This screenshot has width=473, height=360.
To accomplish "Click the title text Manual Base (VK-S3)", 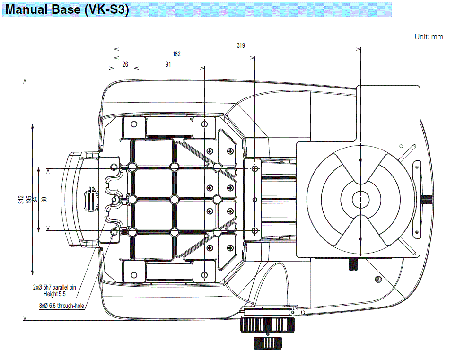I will [x=67, y=9].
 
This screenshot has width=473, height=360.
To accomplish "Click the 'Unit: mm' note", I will [x=429, y=37].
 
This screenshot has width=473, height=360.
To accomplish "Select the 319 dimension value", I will [x=241, y=45].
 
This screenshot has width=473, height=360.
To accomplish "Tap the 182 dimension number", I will [x=176, y=54].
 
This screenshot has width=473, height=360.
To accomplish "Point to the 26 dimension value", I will [x=124, y=65].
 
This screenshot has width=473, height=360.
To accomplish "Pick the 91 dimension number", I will [x=168, y=65].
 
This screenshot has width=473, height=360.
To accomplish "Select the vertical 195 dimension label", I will [x=29, y=200].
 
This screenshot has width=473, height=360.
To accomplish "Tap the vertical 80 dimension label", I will [x=44, y=200].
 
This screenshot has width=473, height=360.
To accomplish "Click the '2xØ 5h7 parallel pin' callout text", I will [x=54, y=287].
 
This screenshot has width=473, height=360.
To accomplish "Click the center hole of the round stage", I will [x=360, y=199].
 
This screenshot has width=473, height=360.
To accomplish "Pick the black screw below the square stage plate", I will [x=353, y=265].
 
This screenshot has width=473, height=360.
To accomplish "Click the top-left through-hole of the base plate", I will [x=134, y=124].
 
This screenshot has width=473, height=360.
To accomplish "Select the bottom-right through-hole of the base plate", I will [x=204, y=275].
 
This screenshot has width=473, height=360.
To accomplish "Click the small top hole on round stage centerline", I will [x=360, y=160].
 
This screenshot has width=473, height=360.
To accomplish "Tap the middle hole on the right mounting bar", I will [x=255, y=199].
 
